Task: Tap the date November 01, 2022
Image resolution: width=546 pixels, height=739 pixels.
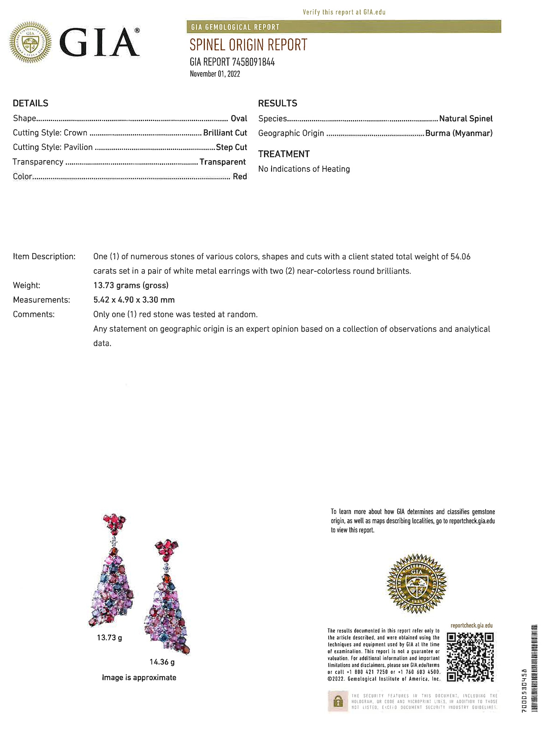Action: [x=215, y=74]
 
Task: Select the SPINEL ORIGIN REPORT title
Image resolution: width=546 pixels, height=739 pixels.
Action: [x=248, y=45]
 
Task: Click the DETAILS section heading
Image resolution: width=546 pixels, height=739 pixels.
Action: [x=31, y=103]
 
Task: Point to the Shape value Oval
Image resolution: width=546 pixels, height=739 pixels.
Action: [x=239, y=118]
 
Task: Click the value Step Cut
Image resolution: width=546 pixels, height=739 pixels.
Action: [x=231, y=147]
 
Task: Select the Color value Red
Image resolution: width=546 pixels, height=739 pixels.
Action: [x=240, y=176]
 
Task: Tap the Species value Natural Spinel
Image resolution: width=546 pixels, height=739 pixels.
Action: [x=466, y=118]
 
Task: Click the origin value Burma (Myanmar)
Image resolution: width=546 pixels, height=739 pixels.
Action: [x=459, y=133]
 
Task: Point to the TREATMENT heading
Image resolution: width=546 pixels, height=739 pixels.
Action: [x=284, y=154]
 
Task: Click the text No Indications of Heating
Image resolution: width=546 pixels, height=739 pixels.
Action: [x=304, y=169]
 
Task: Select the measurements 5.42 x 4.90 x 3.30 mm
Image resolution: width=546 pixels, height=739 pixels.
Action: [x=134, y=300]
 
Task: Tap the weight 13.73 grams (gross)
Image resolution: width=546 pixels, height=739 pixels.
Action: [x=131, y=285]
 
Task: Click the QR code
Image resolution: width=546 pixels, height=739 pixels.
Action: [x=470, y=657]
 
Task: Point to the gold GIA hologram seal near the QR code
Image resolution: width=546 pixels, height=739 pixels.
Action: [x=417, y=583]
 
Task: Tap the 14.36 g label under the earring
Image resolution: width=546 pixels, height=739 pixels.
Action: [x=162, y=662]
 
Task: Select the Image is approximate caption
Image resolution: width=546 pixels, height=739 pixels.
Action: [x=139, y=677]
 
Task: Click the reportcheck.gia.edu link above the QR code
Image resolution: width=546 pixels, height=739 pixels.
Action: [x=471, y=625]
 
